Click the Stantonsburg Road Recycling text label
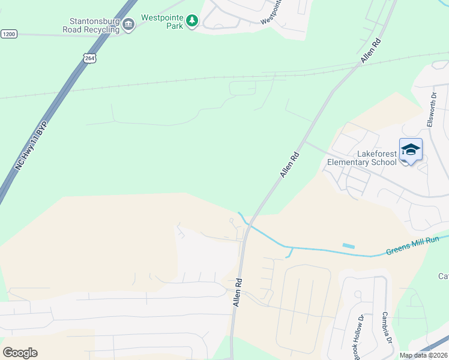tap(91, 24)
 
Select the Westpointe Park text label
tap(162, 18)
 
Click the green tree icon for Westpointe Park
tap(192, 22)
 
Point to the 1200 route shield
tap(9, 34)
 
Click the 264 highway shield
tap(89, 58)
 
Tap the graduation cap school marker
tap(411, 149)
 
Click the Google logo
tap(20, 353)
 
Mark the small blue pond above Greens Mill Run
tap(348, 245)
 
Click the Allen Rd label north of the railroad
tap(372, 51)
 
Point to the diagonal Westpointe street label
tap(271, 12)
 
